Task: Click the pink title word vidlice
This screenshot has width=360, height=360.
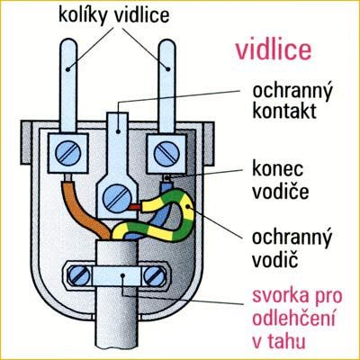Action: pos(274,50)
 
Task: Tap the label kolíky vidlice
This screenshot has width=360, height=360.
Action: pos(114,15)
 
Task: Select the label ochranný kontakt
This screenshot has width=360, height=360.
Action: pos(292,101)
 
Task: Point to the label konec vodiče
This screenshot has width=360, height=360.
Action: pos(280,182)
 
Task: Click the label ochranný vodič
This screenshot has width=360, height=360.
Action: pos(292,249)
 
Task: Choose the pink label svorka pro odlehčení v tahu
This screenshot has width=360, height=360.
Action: pos(297,319)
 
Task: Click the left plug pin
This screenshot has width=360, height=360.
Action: pos(68,86)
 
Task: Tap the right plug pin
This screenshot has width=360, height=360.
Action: pos(166,86)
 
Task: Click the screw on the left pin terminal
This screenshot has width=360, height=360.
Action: pos(68,153)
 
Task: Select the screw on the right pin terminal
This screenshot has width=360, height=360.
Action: pos(166,153)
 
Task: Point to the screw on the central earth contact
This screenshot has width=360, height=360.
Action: pos(117,197)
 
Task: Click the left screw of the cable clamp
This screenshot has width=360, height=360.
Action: pos(78,276)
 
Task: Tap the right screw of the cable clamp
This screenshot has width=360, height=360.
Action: pos(155,276)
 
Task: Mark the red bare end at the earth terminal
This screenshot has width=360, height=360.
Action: pos(134,207)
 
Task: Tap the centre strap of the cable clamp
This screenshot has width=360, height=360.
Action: pos(117,276)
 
